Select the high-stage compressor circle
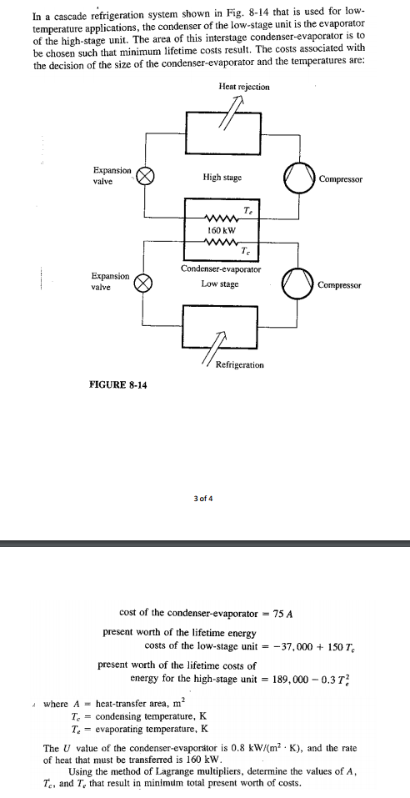pos(300,178)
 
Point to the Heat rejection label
pos(244,87)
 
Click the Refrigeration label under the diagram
pos(240,365)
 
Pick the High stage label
pos(222,178)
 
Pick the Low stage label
pos(219,284)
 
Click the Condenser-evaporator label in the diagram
pos(221,269)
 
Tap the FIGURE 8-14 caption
pos(118,384)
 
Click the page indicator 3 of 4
pos(203,499)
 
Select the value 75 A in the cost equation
pos(282,613)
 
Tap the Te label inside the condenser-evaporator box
pos(247,210)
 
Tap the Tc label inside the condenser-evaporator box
pos(246,251)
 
